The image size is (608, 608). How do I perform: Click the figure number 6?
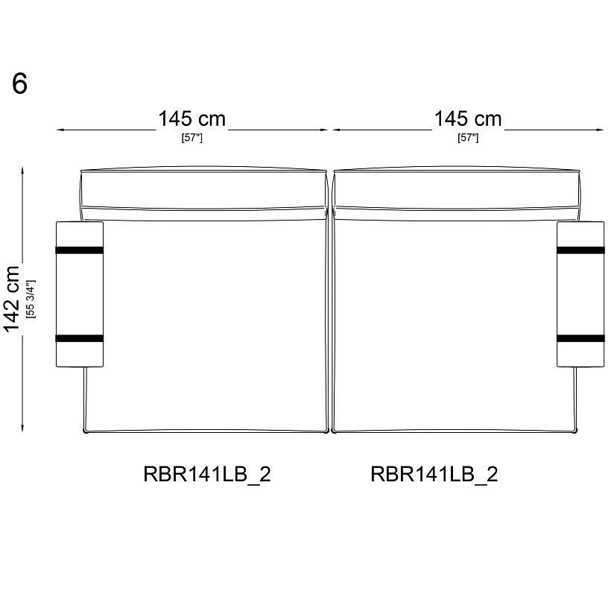click(20, 83)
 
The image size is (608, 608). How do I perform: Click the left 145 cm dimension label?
click(192, 118)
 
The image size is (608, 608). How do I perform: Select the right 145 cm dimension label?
click(468, 118)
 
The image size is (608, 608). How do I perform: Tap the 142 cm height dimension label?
click(12, 299)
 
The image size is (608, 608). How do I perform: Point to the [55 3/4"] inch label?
click(31, 299)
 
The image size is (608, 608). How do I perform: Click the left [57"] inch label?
click(192, 138)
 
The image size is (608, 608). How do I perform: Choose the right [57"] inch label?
click(468, 138)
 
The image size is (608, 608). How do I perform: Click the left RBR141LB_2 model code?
click(207, 475)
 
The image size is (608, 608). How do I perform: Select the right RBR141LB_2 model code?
click(434, 475)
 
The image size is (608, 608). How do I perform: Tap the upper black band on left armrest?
click(80, 250)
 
